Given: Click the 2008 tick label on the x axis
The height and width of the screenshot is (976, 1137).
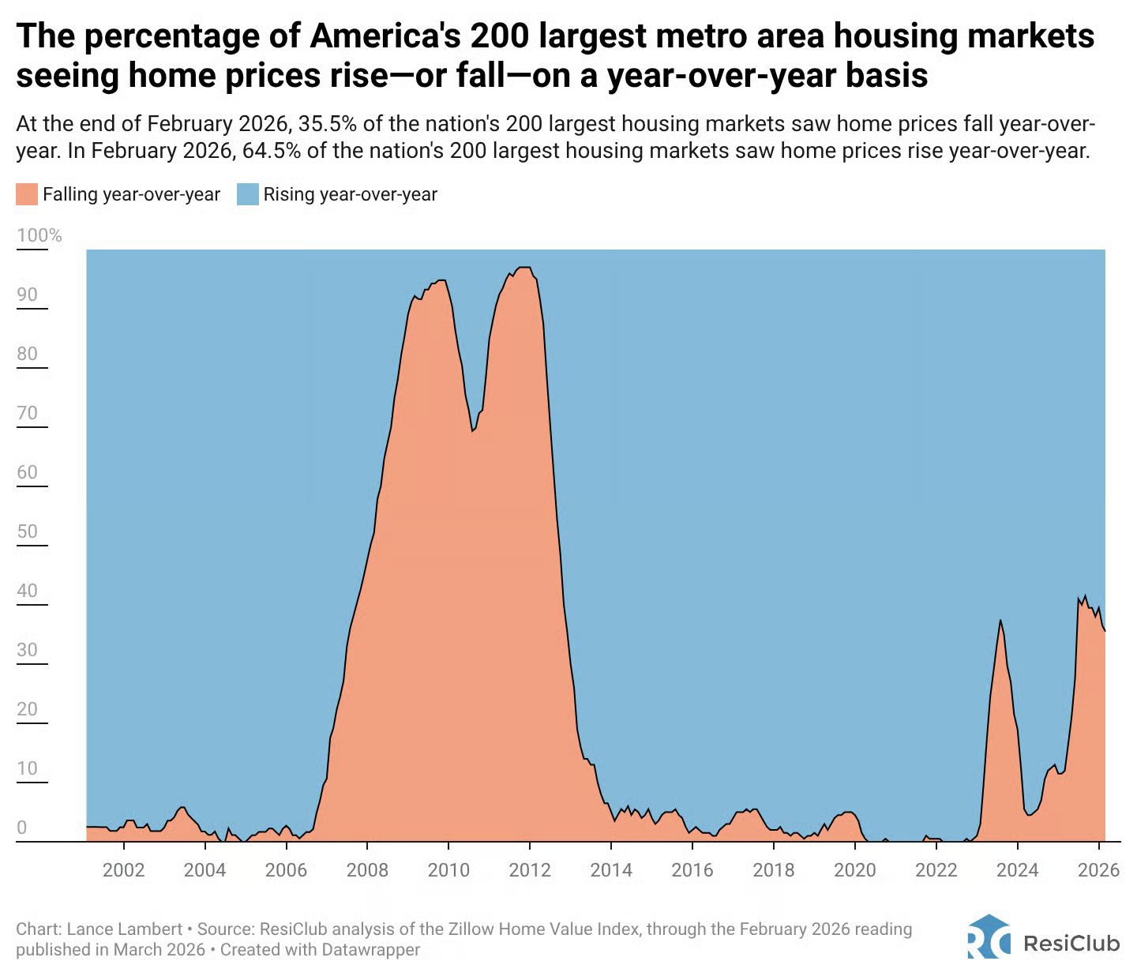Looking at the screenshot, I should pos(367,870).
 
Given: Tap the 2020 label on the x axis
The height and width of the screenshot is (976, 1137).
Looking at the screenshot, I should pos(855,870).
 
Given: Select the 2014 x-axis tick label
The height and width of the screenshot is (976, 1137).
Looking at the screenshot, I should pos(611,870).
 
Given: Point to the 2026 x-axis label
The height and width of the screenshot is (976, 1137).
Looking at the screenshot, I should pos(1099,870).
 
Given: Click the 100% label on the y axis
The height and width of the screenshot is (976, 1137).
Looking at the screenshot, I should pos(39,235).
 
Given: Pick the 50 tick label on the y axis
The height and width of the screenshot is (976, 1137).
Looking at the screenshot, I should pos(28,531).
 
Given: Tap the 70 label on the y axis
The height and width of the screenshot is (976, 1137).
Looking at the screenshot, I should pos(28,413).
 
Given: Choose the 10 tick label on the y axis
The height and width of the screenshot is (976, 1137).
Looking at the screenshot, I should pos(28,768).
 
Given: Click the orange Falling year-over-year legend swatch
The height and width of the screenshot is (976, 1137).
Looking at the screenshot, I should pos(27,194).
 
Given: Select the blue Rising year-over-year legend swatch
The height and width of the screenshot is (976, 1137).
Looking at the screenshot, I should pos(248,194).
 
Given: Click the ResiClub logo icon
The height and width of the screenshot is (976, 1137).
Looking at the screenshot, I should pos(989,937).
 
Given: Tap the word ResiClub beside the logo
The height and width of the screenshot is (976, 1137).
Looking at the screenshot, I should pos(1071,944).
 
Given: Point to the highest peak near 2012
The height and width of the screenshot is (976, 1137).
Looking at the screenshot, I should pos(523,268).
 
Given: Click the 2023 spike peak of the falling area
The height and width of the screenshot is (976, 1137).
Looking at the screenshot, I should pos(1000,621).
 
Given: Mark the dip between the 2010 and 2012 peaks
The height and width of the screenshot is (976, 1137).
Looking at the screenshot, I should pos(472,430).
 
